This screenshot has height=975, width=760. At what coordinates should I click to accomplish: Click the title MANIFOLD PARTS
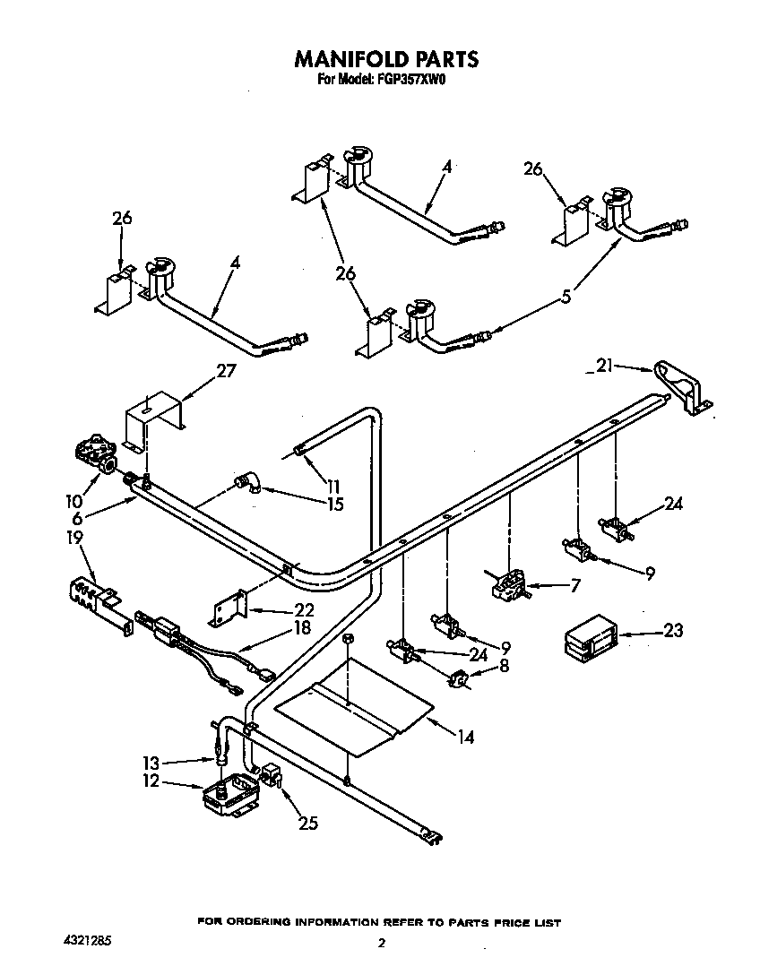[x=387, y=59]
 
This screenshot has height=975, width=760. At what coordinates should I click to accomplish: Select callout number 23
[x=671, y=631]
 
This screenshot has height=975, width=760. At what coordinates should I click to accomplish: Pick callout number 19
[x=74, y=539]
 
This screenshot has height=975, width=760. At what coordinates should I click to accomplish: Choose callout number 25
[x=307, y=823]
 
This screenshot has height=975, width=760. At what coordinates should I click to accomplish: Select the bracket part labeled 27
[x=151, y=417]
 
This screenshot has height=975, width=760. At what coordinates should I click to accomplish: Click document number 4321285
[x=89, y=942]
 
